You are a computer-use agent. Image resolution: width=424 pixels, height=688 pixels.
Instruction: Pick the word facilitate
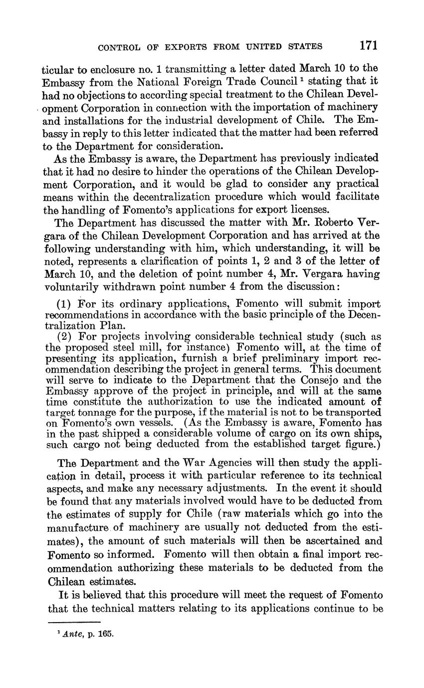pyautogui.click(x=356, y=197)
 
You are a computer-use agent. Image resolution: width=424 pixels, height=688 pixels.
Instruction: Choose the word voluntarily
pyautogui.click(x=73, y=287)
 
